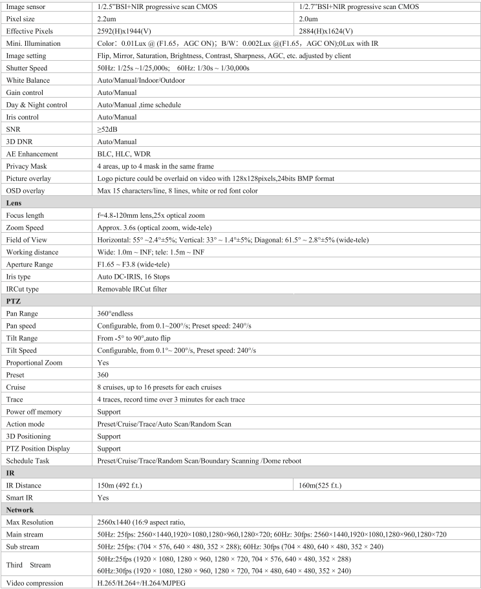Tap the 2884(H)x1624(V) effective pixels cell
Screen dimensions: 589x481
click(327, 30)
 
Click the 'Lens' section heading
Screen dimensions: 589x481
click(14, 203)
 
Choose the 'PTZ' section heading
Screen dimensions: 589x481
click(14, 301)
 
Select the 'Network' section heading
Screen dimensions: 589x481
click(20, 510)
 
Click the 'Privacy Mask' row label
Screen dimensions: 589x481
click(25, 166)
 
